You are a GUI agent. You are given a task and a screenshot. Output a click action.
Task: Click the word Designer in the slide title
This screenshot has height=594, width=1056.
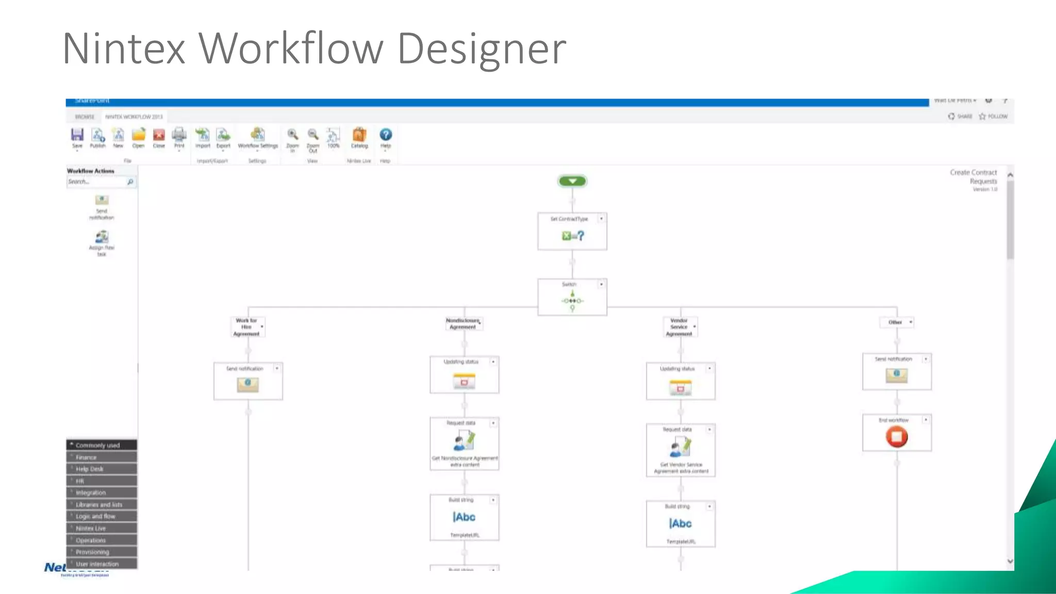(x=482, y=49)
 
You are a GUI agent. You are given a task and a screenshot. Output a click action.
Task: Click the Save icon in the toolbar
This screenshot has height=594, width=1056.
(x=77, y=135)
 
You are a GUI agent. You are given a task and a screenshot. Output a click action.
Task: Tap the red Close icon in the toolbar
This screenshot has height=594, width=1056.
(x=159, y=135)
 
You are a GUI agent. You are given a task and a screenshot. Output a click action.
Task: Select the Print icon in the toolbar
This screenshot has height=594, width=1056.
(x=179, y=135)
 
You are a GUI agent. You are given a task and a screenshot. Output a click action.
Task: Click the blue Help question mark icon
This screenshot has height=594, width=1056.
(x=385, y=135)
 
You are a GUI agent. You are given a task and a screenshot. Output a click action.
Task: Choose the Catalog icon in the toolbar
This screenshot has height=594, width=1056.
(x=359, y=135)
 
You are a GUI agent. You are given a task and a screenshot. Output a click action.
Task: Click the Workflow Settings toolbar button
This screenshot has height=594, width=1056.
(x=258, y=136)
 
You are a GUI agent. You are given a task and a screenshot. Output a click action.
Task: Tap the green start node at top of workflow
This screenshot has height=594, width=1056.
(x=572, y=181)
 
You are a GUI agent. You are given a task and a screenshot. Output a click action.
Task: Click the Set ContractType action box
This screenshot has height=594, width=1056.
(x=572, y=232)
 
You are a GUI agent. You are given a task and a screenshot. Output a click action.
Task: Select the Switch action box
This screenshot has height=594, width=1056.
(x=572, y=297)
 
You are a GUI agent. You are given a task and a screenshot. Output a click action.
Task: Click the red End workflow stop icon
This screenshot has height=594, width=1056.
(x=897, y=437)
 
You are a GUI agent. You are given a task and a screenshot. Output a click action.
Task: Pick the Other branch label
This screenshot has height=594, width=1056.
(x=895, y=322)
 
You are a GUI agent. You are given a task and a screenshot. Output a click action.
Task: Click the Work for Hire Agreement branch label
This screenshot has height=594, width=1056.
(x=246, y=327)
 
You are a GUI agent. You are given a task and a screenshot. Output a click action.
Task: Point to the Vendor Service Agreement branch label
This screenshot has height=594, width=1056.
(x=679, y=327)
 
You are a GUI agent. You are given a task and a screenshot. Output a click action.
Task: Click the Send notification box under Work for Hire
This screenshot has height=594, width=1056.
(x=248, y=381)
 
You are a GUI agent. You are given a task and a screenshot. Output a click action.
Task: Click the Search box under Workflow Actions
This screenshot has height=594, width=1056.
(x=97, y=182)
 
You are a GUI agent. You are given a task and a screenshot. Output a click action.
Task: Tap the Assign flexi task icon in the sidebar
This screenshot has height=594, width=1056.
(x=102, y=238)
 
